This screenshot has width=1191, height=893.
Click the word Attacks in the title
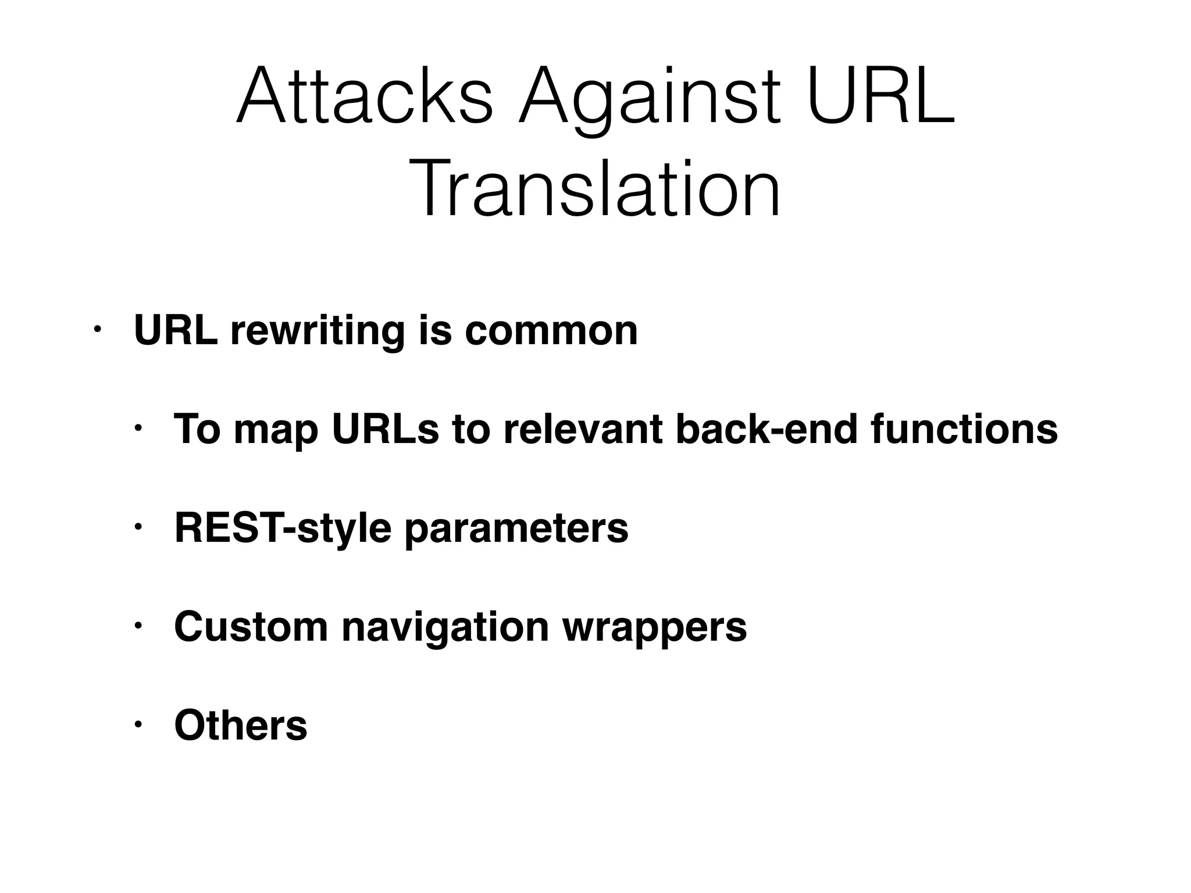point(365,97)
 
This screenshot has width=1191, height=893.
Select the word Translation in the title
point(595,190)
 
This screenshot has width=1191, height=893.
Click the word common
point(551,331)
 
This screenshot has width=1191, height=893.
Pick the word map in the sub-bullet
point(276,431)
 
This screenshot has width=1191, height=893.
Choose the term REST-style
point(283,529)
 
